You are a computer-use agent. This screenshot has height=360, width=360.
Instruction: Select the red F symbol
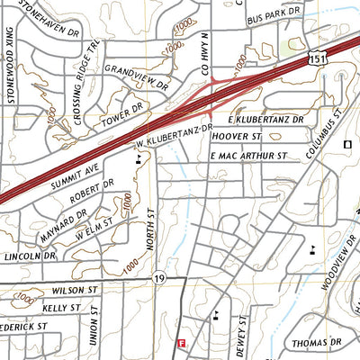(181, 343)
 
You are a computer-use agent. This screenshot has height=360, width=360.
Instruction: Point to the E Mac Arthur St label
(247, 156)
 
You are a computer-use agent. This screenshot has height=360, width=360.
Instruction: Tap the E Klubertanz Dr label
(267, 118)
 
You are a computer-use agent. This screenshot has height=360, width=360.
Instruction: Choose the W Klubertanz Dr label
(173, 137)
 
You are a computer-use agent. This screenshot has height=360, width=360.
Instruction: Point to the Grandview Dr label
(136, 77)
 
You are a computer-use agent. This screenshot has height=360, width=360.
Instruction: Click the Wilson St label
(74, 291)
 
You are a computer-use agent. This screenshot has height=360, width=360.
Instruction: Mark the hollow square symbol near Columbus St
(347, 144)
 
